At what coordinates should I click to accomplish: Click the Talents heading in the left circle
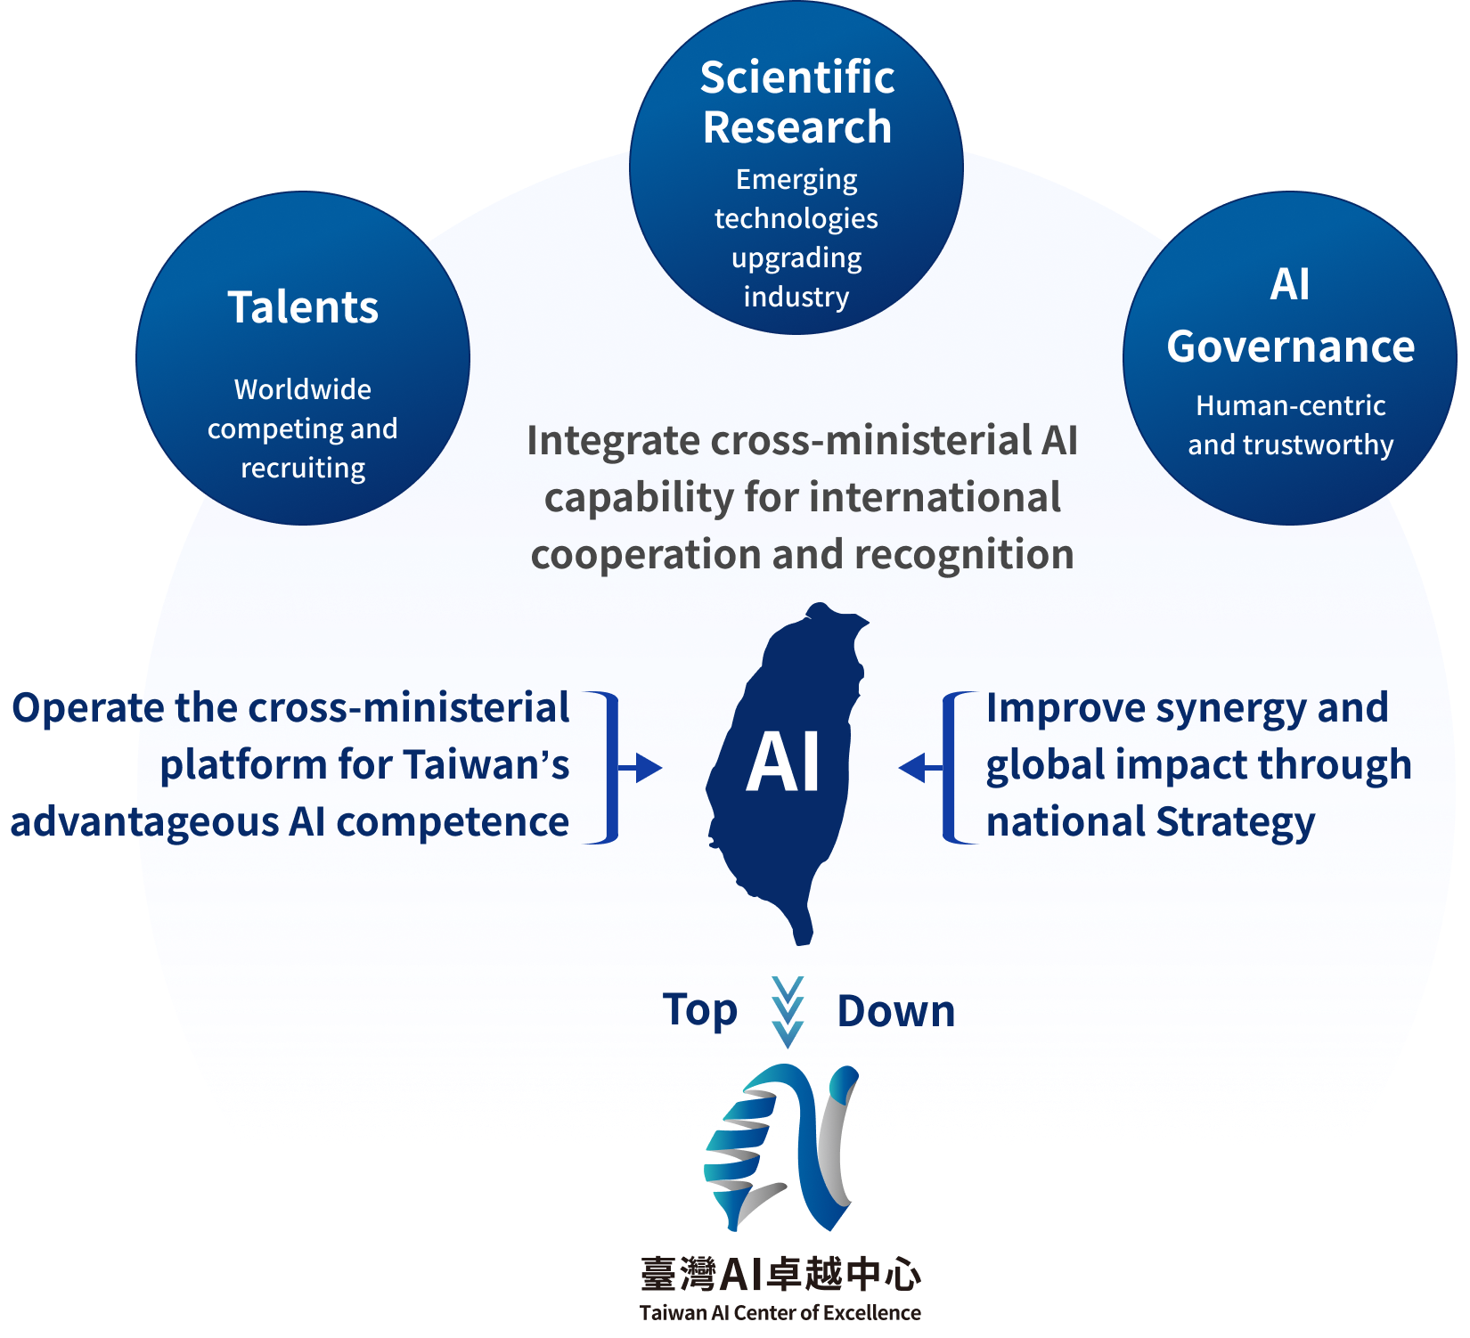point(303,307)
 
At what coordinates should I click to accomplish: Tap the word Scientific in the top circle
point(797,77)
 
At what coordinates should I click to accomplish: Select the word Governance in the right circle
point(1291,347)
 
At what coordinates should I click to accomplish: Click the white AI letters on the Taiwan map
point(783,763)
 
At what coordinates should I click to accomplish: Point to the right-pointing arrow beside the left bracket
point(640,767)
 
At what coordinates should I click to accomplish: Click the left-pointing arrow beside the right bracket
point(921,767)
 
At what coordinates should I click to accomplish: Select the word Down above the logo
point(896,1011)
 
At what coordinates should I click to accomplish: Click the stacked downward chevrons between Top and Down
point(788,1012)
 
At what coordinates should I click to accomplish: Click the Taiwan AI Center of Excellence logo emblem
point(781,1147)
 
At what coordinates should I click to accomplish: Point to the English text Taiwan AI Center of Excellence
point(780,1312)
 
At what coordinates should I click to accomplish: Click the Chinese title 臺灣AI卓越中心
point(780,1274)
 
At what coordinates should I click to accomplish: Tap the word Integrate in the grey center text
point(613,442)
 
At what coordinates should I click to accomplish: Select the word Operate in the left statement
point(88,709)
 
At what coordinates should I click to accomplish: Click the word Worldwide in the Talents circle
point(303,389)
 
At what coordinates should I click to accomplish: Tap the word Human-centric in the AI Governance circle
point(1291,405)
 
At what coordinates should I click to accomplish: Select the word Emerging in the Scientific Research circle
point(796,180)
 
